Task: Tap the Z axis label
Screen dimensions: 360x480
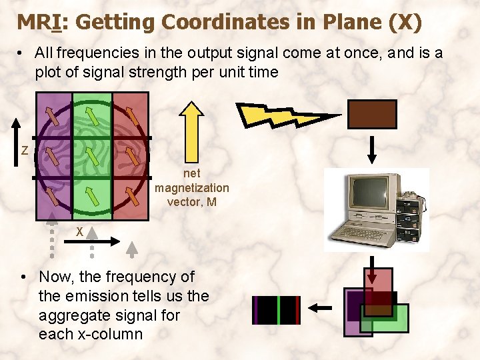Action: [24, 151]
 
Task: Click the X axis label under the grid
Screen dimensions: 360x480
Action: [79, 231]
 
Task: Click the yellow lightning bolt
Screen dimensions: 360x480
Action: [287, 115]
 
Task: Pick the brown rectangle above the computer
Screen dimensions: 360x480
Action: [372, 114]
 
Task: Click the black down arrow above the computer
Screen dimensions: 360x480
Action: [372, 148]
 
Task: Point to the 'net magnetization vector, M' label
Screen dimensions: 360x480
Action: [192, 188]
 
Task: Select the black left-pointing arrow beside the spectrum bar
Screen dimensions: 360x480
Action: [323, 308]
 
